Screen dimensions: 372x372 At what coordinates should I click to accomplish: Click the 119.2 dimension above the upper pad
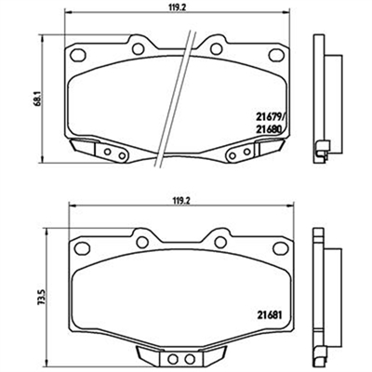178,7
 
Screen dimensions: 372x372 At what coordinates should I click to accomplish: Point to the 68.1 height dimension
38,98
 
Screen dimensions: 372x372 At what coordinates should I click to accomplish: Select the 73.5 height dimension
43,297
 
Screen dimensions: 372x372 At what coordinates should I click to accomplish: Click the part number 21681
269,315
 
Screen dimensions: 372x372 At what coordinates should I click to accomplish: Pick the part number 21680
269,129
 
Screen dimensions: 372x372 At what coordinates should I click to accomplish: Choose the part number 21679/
270,116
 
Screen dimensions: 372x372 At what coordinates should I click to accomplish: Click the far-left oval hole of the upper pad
78,55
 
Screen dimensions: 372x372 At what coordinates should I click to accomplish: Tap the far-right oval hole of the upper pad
276,55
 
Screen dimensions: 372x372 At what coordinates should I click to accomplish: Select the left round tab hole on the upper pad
138,48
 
